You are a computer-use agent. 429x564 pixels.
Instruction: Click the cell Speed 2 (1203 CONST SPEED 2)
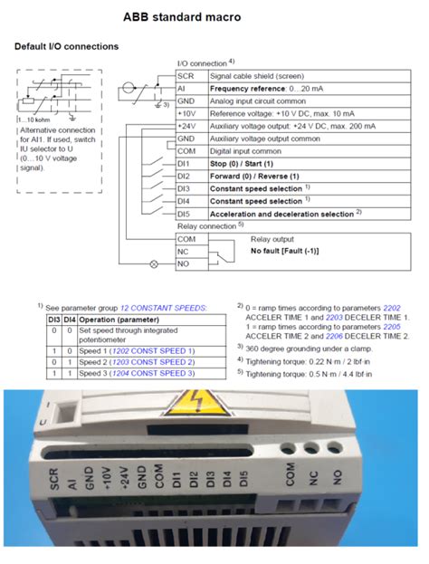[136, 361]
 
